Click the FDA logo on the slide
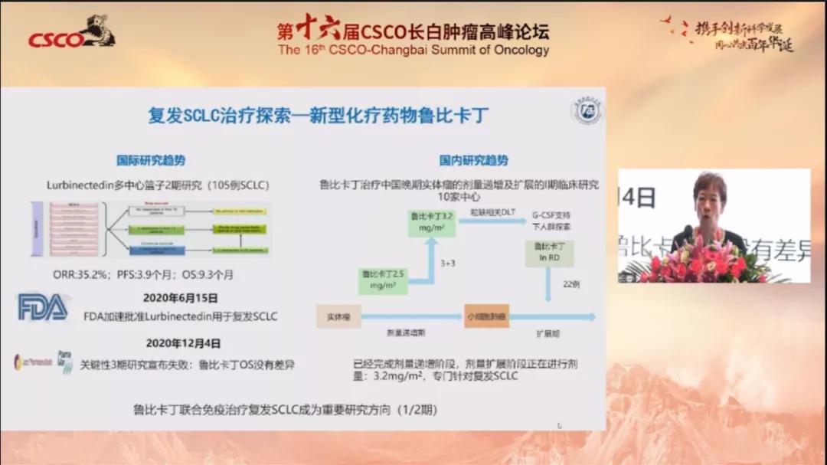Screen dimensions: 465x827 [x=43, y=307]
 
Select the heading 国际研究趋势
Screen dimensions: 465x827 [x=151, y=161]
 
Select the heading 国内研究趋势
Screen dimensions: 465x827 [x=473, y=161]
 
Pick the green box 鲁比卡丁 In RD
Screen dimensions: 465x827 [x=549, y=251]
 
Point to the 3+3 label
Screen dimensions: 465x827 [x=449, y=263]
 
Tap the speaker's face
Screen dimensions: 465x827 [x=710, y=195]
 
